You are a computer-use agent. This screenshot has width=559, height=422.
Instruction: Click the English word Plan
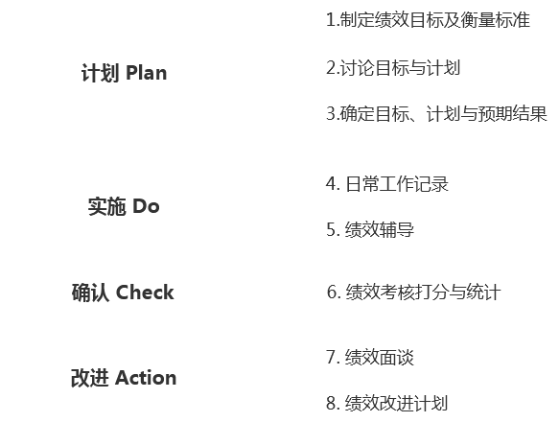click(x=147, y=73)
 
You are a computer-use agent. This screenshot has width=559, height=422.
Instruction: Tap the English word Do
click(x=146, y=206)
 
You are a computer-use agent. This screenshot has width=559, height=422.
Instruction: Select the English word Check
click(x=145, y=293)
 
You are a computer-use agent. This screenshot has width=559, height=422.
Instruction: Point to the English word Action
click(x=146, y=378)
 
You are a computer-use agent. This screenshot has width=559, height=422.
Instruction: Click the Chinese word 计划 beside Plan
click(x=100, y=73)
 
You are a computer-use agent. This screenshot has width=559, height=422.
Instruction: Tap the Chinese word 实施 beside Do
click(x=106, y=206)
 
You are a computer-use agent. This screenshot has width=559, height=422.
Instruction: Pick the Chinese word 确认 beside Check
click(x=90, y=293)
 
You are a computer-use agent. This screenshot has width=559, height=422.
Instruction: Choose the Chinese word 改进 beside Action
click(x=89, y=378)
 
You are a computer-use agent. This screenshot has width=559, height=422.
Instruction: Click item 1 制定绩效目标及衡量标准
click(x=429, y=19)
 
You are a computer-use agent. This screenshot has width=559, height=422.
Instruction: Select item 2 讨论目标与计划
click(x=393, y=68)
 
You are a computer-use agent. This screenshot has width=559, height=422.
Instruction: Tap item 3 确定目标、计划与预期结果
click(x=436, y=114)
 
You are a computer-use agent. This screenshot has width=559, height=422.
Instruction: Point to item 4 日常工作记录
click(x=387, y=184)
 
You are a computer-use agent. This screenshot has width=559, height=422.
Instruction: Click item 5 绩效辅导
click(x=370, y=229)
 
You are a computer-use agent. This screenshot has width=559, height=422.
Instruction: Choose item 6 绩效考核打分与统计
click(x=414, y=293)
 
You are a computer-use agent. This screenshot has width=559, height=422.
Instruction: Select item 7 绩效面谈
click(x=370, y=357)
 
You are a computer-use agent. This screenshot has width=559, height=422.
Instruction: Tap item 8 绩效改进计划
click(x=386, y=403)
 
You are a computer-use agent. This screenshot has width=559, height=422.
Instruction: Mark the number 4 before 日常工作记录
click(x=332, y=184)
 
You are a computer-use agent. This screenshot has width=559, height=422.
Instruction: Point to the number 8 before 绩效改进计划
click(x=332, y=403)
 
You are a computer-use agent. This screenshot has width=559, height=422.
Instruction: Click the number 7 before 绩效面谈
click(x=332, y=357)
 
